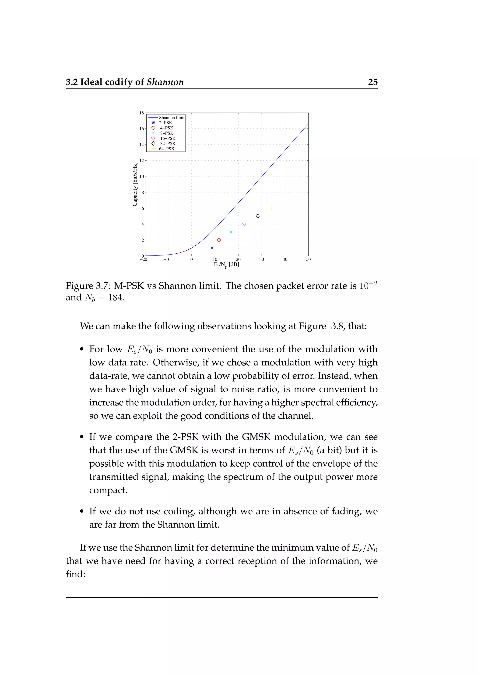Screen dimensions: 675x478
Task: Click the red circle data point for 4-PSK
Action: coord(219,240)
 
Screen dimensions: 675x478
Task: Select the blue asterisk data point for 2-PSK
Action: coord(212,248)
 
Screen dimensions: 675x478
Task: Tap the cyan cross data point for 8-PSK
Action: coord(231,232)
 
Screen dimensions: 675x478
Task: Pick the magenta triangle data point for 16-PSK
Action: coord(244,224)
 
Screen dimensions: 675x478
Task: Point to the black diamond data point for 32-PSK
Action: coord(258,216)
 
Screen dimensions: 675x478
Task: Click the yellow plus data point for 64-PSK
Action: coord(272,208)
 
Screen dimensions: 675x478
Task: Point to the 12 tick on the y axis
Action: coord(142,161)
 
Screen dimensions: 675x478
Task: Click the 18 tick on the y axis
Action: coord(142,113)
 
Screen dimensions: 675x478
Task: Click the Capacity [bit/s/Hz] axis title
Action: coord(135,184)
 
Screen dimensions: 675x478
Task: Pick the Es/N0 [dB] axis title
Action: coord(226,265)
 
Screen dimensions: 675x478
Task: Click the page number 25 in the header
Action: coord(373,82)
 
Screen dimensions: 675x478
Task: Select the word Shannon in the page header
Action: coord(165,82)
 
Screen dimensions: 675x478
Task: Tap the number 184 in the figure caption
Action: coord(116,297)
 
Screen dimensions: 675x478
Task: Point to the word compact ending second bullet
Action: coord(108,490)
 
